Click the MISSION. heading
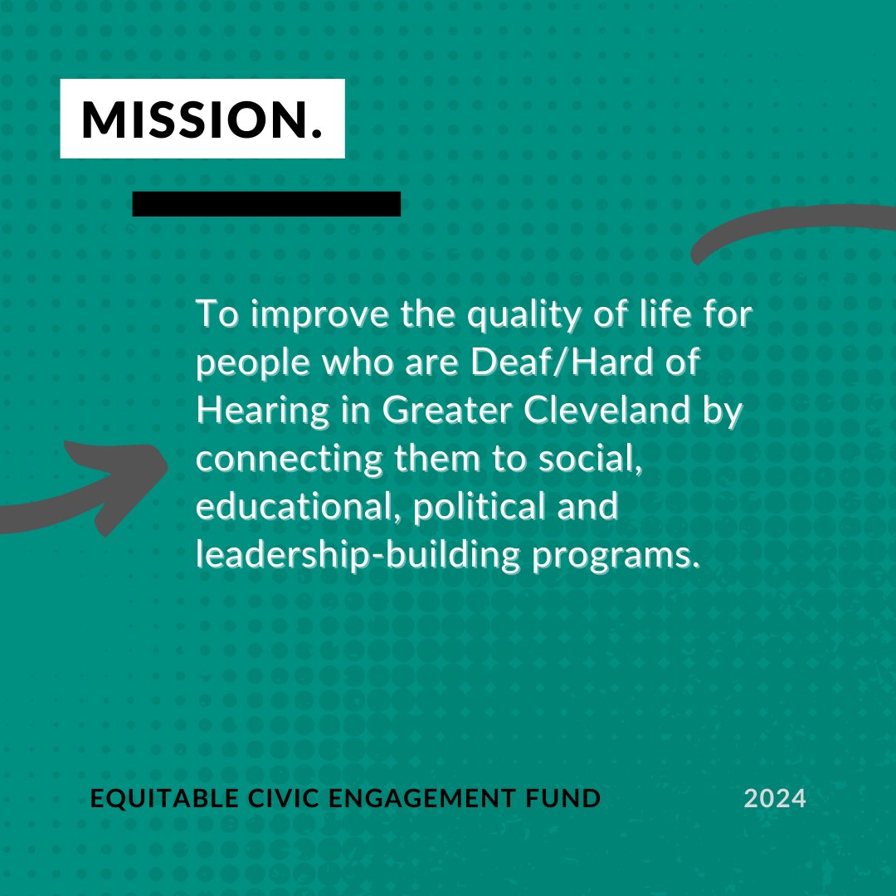click(202, 119)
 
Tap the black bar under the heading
click(266, 204)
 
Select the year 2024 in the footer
click(775, 799)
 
